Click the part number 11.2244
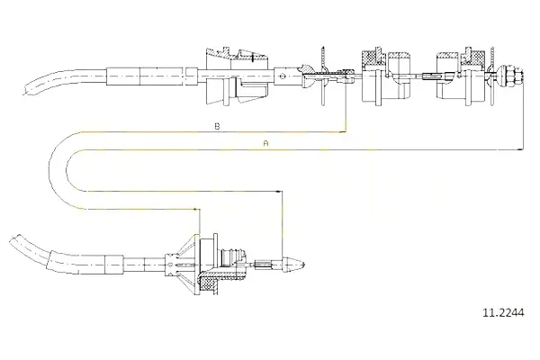click(503, 313)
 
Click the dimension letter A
click(265, 143)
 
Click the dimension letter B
click(217, 126)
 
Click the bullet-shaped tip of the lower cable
click(293, 265)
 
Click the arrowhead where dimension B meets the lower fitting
click(195, 209)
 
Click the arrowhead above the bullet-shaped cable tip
click(278, 191)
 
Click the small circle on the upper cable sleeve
click(283, 76)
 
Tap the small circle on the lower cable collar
click(170, 265)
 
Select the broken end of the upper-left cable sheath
click(26, 88)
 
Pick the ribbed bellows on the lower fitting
click(230, 257)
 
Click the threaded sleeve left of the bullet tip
click(263, 265)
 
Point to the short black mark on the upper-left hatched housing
click(252, 58)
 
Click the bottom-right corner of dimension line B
click(346, 132)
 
